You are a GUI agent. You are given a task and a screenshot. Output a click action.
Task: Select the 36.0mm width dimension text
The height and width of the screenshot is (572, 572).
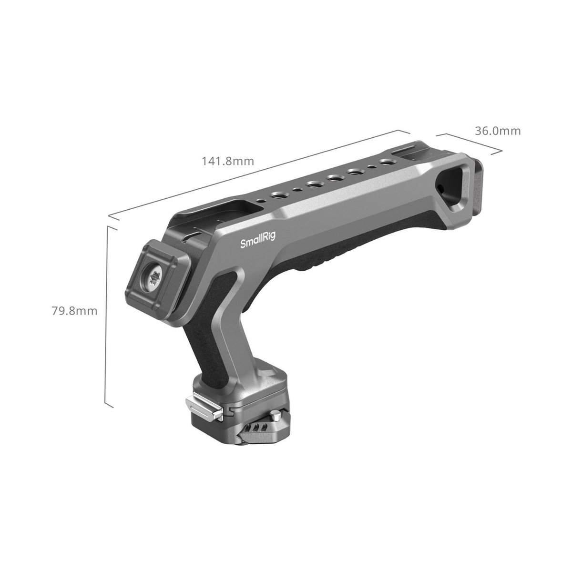(498, 131)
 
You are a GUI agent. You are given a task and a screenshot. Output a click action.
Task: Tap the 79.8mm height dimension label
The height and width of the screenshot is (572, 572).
(74, 311)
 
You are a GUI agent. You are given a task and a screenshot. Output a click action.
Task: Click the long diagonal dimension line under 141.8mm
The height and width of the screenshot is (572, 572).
(260, 177)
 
